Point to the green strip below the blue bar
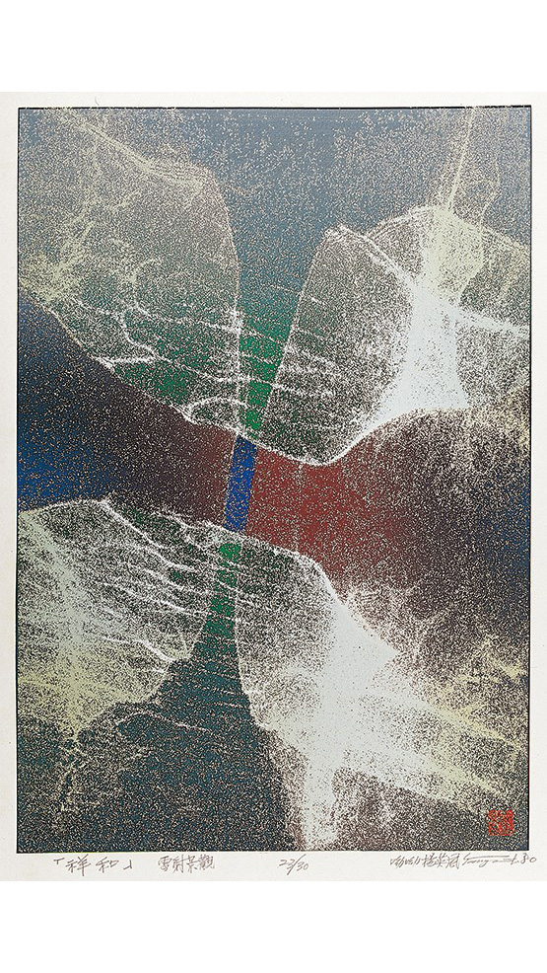click(225, 592)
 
